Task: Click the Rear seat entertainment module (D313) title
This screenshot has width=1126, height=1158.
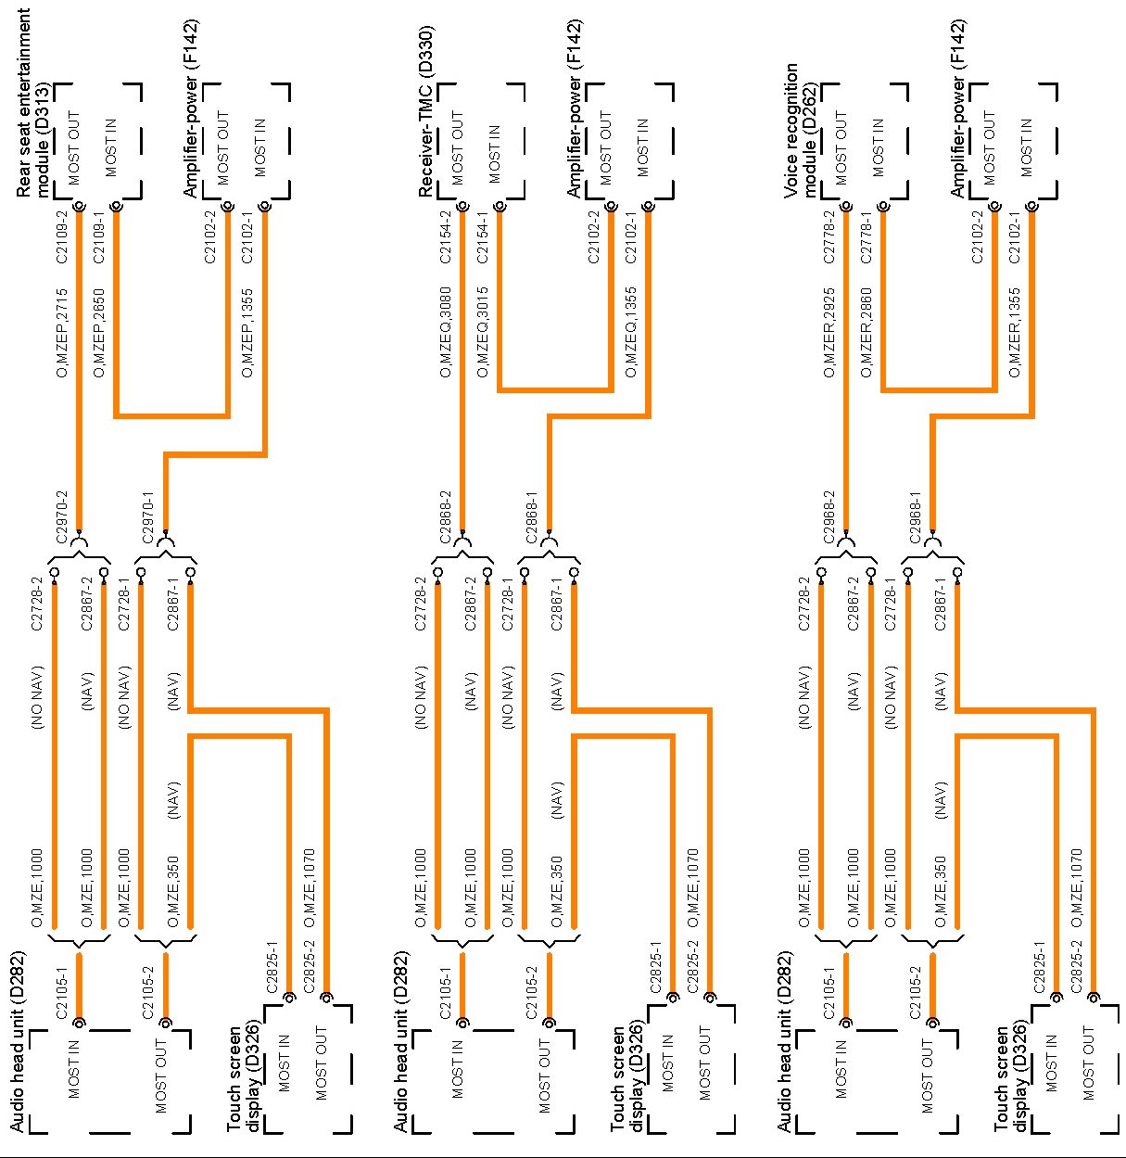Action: coord(33,102)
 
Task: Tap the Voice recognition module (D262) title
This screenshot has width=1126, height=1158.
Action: coord(801,130)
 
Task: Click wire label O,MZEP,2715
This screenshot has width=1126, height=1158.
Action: coord(62,334)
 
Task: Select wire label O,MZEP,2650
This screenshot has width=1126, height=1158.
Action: coord(99,334)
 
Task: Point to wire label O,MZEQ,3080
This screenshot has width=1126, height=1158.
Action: coord(446,334)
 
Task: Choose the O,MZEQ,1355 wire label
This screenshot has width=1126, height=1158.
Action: coord(631,334)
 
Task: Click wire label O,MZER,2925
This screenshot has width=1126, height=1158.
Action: coord(829,334)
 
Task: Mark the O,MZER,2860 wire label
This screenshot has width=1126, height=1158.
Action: coord(867,334)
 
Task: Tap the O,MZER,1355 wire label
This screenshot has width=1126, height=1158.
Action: coord(1015,334)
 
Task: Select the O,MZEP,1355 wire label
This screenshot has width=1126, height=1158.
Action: coord(247,334)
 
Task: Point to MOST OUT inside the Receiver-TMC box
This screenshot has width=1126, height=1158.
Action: coord(457,148)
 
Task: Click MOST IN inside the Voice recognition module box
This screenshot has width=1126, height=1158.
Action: coord(878,148)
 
